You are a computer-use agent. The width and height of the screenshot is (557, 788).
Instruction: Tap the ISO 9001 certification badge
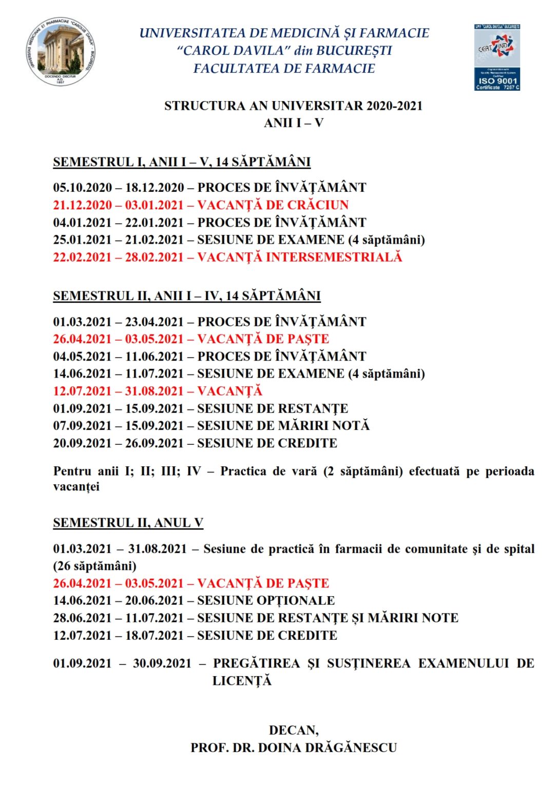pyautogui.click(x=497, y=57)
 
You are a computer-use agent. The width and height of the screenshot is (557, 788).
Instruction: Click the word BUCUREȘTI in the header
pyautogui.click(x=354, y=50)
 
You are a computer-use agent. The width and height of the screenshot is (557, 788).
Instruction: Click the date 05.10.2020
pyautogui.click(x=82, y=188)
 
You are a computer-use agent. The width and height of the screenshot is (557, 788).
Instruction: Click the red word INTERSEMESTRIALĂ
pyautogui.click(x=334, y=257)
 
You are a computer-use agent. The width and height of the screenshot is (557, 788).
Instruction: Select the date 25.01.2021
pyautogui.click(x=82, y=240)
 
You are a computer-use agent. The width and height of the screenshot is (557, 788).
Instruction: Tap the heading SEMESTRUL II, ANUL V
pyautogui.click(x=128, y=523)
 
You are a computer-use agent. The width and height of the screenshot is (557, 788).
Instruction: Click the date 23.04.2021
pyautogui.click(x=155, y=322)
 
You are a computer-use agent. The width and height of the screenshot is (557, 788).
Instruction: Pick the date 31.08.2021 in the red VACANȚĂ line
pyautogui.click(x=155, y=391)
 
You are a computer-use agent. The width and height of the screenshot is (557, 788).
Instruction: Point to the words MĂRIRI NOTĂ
pyautogui.click(x=323, y=426)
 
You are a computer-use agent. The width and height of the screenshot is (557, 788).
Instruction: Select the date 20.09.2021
pyautogui.click(x=82, y=443)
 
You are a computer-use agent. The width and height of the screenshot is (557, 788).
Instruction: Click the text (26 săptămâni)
pyautogui.click(x=95, y=566)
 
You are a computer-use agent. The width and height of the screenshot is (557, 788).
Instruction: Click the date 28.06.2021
pyautogui.click(x=82, y=618)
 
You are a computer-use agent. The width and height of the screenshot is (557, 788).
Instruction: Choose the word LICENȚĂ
pyautogui.click(x=242, y=681)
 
